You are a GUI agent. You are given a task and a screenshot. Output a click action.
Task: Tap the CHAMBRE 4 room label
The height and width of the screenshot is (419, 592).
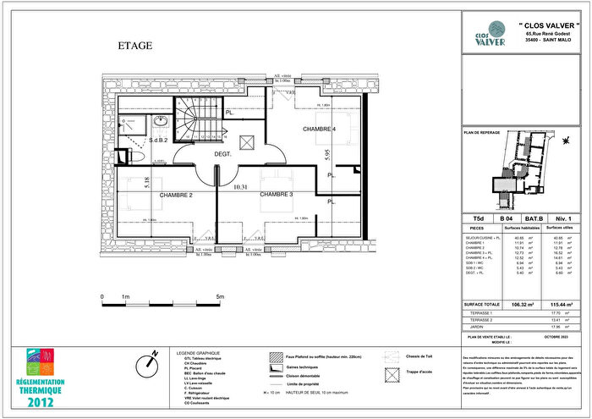click(x=320, y=129)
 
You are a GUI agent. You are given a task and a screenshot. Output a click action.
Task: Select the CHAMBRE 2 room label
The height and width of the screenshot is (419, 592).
click(x=173, y=196)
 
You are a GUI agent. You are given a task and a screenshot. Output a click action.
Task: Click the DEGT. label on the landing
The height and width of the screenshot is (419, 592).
click(x=223, y=153)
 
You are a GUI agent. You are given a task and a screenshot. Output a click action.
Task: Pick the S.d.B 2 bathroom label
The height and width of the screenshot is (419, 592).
click(x=159, y=140)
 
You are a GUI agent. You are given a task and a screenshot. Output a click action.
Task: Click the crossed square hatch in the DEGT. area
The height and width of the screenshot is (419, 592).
click(x=248, y=141)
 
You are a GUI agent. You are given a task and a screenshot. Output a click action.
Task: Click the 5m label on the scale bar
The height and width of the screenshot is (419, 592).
click(x=220, y=297)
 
